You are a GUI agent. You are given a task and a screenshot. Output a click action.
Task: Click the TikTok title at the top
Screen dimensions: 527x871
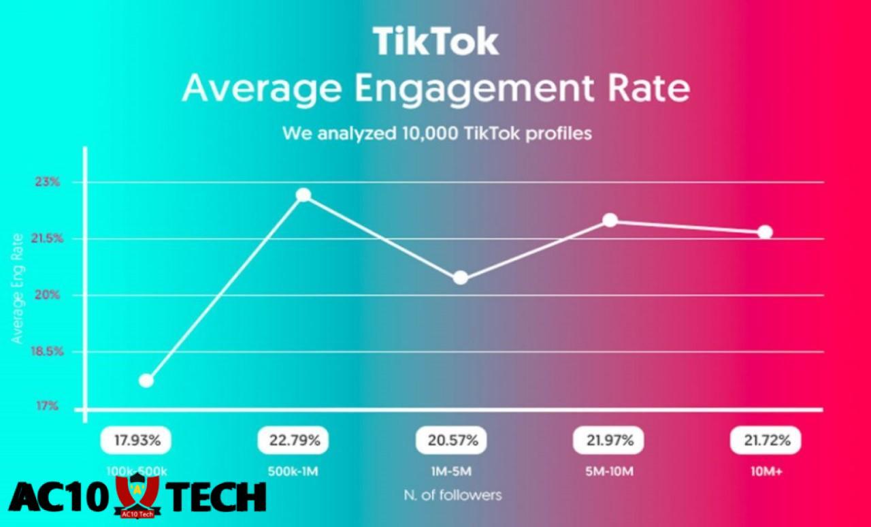tap(435, 42)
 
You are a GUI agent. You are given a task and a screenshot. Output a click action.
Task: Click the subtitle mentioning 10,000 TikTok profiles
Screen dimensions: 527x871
tap(437, 133)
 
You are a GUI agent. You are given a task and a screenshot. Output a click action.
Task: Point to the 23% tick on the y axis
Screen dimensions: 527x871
tap(48, 182)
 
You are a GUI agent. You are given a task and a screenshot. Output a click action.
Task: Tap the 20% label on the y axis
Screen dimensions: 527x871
tap(48, 295)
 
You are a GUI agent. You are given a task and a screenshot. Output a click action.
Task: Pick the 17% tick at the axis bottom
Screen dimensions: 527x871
tap(48, 406)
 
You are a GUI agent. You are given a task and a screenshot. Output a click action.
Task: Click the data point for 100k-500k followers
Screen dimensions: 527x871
tap(146, 380)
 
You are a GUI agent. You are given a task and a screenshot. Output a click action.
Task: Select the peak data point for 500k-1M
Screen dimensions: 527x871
tap(303, 195)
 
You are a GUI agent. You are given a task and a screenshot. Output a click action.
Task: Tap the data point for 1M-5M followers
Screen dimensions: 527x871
tap(461, 278)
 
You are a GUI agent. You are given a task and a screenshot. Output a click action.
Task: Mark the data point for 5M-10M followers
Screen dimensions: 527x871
tap(610, 220)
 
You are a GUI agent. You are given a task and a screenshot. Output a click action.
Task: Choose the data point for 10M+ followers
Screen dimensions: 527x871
tap(765, 232)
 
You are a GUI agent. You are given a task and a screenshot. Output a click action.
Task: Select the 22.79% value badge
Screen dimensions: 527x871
tap(293, 441)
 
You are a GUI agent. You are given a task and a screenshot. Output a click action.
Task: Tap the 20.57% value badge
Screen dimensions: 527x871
tap(451, 441)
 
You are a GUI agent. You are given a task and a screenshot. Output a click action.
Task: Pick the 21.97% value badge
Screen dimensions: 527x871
tap(608, 441)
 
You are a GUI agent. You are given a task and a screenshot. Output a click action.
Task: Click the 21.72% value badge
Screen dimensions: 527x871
tap(766, 441)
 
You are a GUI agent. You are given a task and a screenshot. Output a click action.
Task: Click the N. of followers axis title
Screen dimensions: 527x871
tap(453, 495)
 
